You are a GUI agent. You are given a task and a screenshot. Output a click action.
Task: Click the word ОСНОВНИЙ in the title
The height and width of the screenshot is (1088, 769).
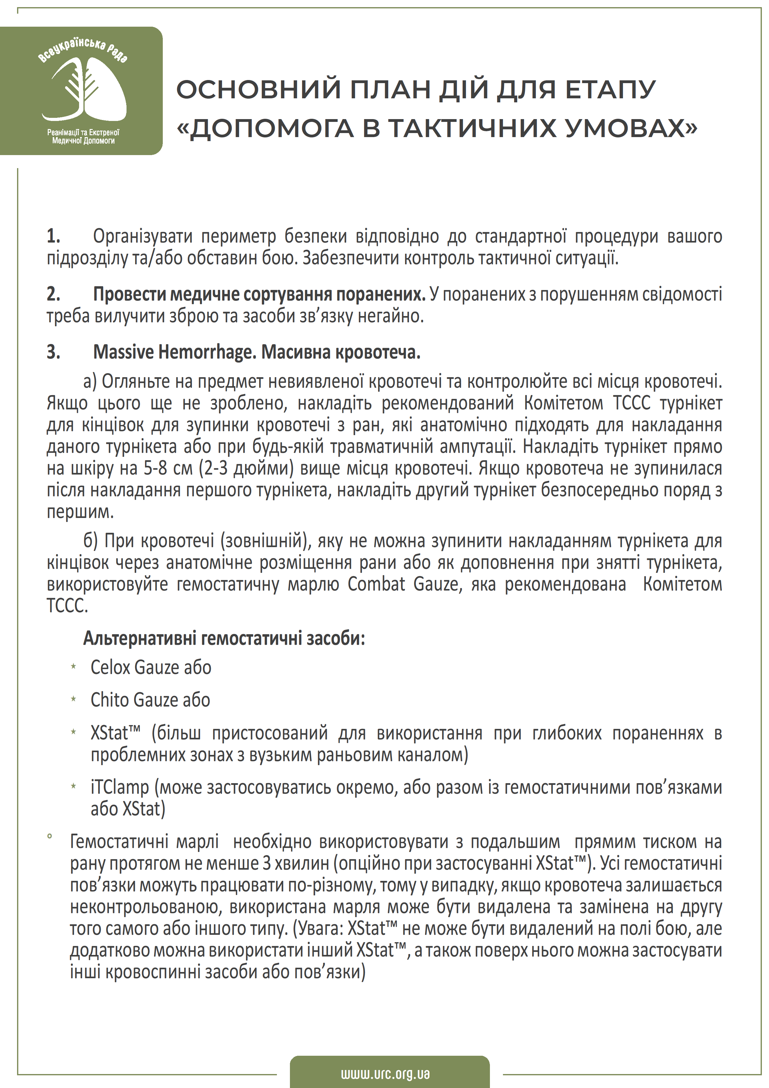[258, 90]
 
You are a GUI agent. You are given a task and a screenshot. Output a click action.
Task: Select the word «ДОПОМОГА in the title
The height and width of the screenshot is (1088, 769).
[265, 128]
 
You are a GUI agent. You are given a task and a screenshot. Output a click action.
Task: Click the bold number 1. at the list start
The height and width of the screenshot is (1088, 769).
[53, 236]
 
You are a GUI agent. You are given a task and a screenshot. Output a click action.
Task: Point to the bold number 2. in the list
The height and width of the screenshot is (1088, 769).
[53, 294]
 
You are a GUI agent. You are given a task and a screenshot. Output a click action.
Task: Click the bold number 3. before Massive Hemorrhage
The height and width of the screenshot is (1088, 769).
[53, 352]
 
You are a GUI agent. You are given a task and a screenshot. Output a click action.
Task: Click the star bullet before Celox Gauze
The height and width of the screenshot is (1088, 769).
[73, 667]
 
